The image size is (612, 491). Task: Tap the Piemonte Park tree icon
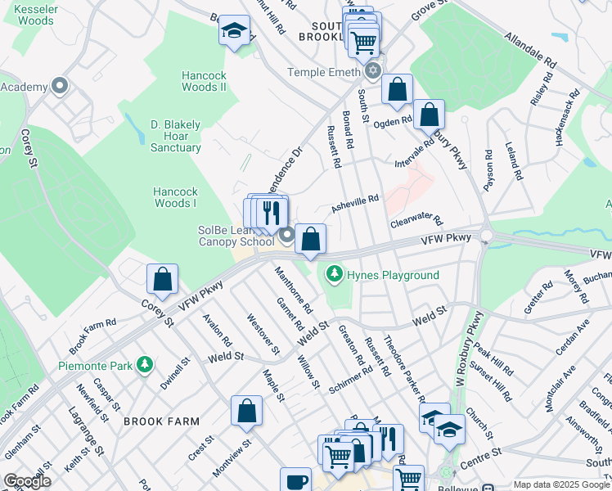pos(145,363)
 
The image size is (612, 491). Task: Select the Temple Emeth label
pos(323,72)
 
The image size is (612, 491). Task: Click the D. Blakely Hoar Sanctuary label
pos(175,136)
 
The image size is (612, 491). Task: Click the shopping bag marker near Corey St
pos(163,279)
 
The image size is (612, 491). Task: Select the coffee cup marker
pos(295,481)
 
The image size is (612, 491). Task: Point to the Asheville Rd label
pos(355,204)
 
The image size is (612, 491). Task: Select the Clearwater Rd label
pos(416,222)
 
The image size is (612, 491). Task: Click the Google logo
pos(27,481)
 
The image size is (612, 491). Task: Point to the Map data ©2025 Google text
pos(560,484)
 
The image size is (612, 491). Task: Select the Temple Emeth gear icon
pos(373,71)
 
